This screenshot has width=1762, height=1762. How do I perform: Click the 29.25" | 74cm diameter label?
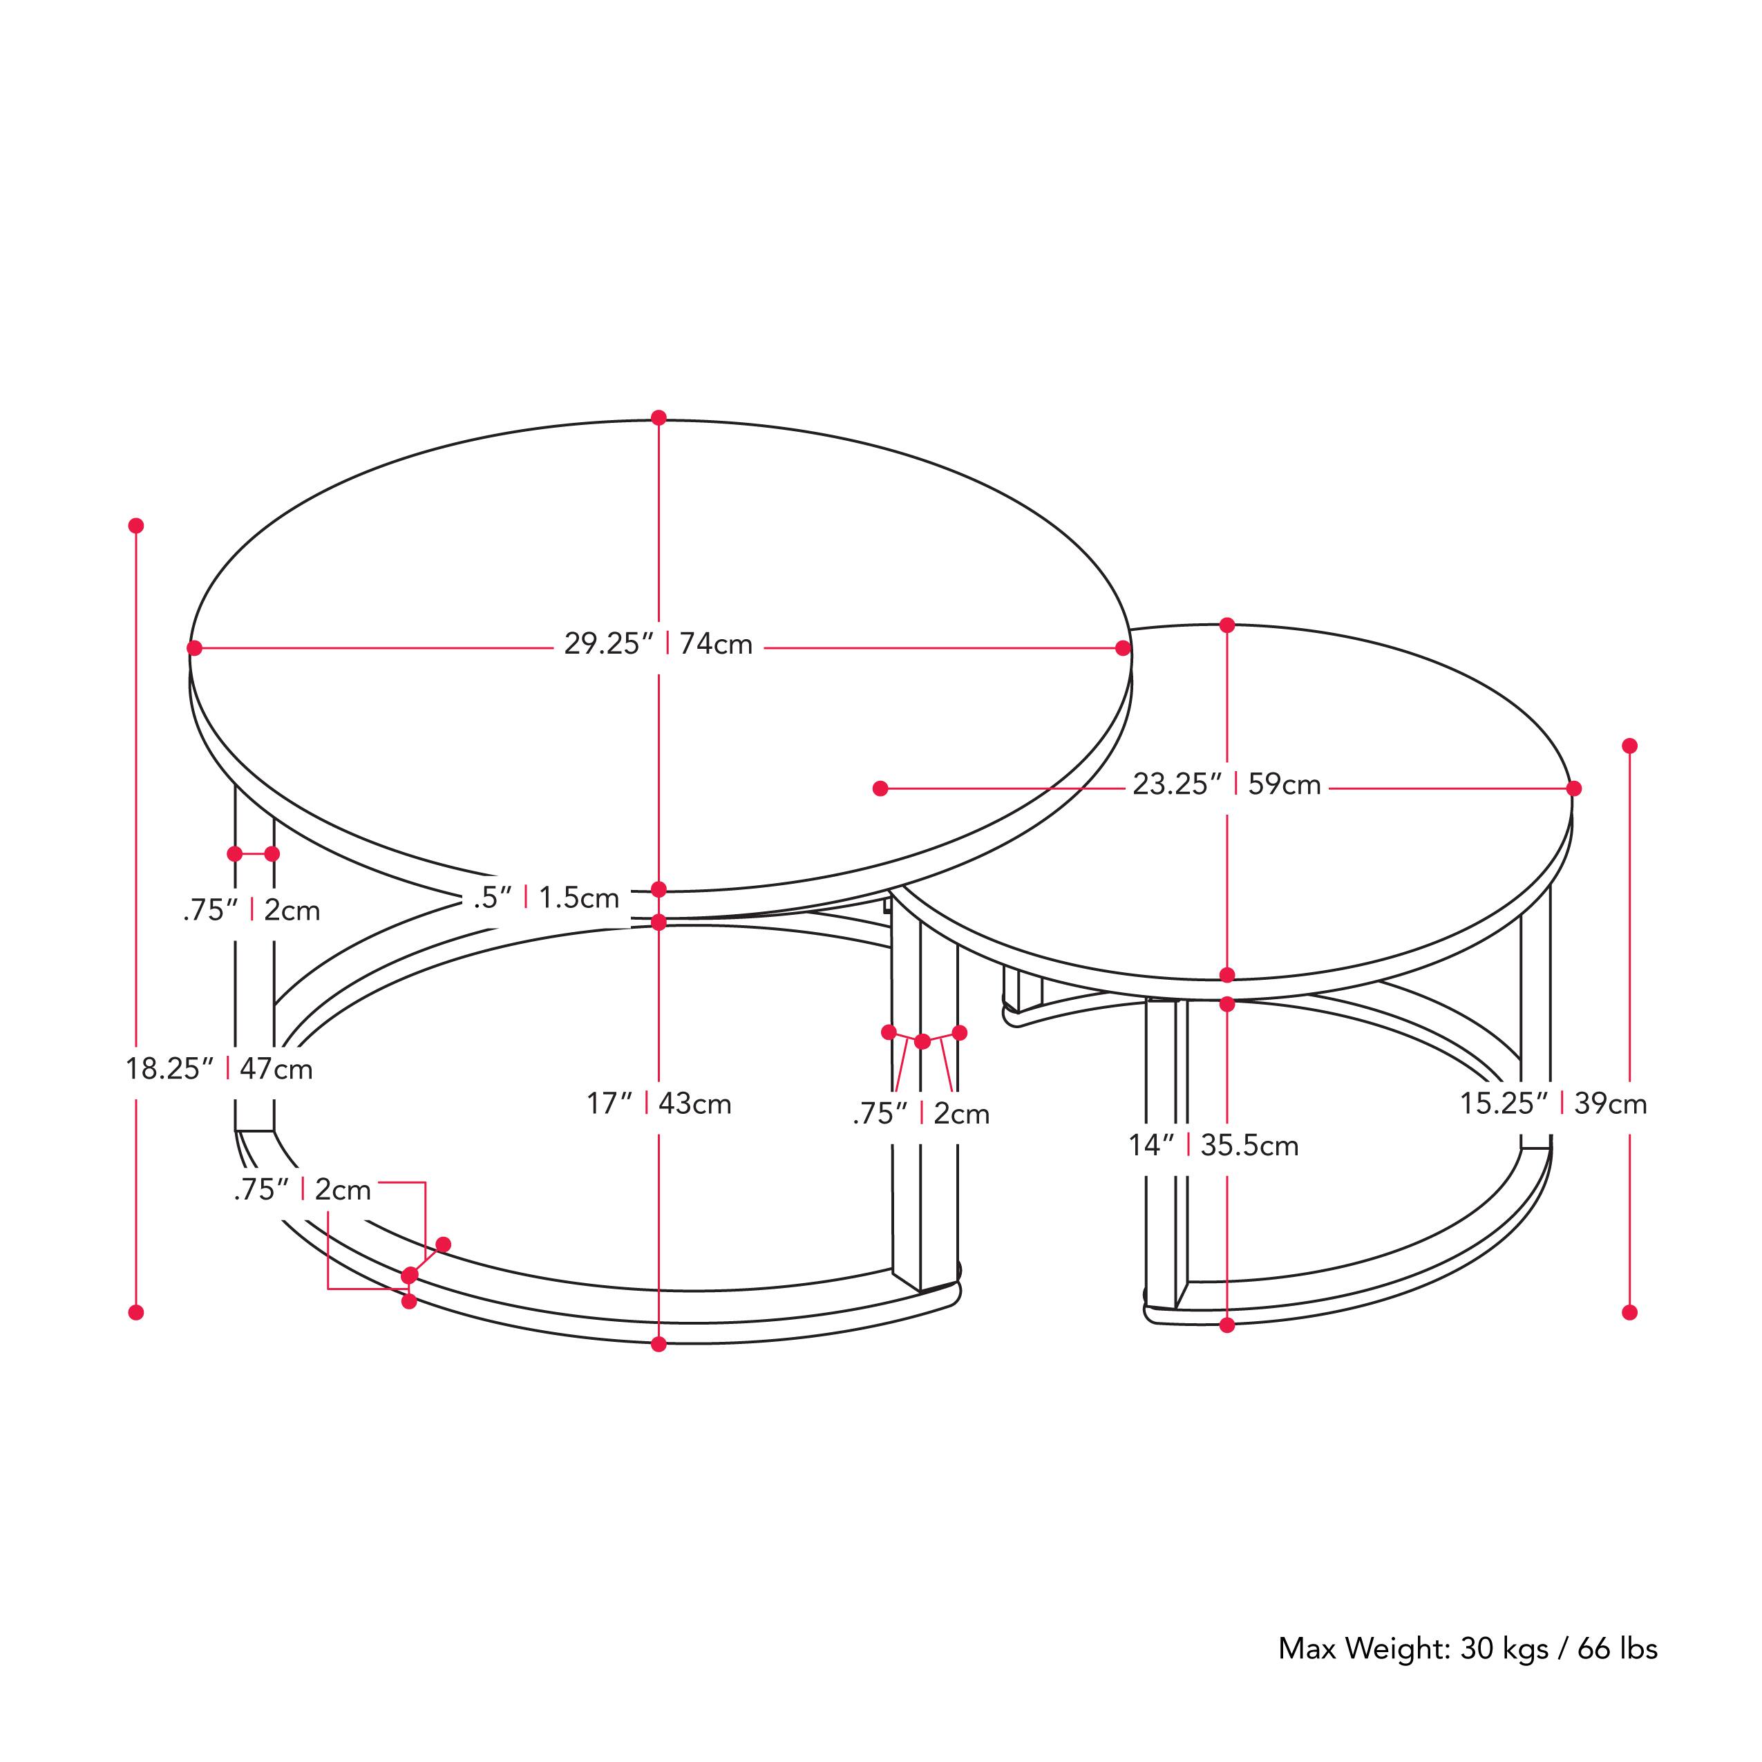(658, 644)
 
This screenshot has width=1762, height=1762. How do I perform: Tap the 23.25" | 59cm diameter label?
(1226, 784)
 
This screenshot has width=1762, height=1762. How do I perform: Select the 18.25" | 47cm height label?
(219, 1068)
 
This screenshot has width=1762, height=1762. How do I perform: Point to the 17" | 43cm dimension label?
(659, 1103)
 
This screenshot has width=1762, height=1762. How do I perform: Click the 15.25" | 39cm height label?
(1553, 1103)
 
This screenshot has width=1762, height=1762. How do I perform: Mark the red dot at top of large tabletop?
(659, 418)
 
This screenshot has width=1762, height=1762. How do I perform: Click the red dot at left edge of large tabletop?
(194, 648)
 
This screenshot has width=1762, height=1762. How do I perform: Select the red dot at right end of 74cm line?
(1124, 648)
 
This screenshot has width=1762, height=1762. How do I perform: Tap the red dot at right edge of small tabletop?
(1574, 788)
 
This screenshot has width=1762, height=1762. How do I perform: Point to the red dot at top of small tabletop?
(1226, 625)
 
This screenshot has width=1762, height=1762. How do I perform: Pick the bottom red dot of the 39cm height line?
(1630, 1312)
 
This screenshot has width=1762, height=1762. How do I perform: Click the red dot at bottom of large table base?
(659, 1343)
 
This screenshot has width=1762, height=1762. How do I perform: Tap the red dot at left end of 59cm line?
(880, 788)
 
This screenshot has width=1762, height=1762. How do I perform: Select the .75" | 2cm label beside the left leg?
(252, 910)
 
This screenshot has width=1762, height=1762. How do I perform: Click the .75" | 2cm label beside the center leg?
(921, 1114)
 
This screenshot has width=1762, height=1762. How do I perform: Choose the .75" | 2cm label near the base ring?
(303, 1189)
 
